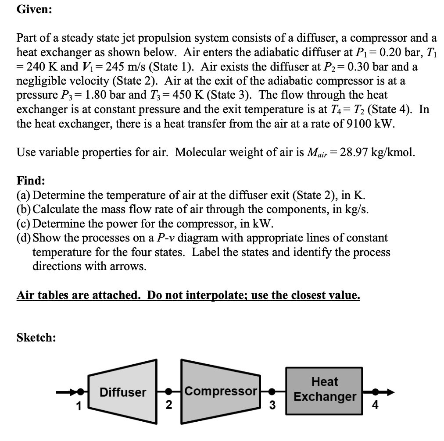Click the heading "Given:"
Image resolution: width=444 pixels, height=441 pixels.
click(34, 11)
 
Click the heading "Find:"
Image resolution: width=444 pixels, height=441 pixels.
click(31, 181)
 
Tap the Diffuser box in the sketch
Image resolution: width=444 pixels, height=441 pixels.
click(122, 391)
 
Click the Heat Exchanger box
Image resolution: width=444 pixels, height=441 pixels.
click(324, 389)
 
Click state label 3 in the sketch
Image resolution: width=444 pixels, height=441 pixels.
click(272, 405)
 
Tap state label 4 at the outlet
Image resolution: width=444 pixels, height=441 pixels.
click(375, 405)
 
